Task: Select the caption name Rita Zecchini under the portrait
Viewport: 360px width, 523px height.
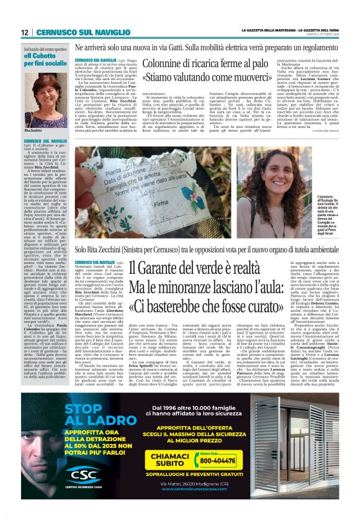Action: pos(32,132)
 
